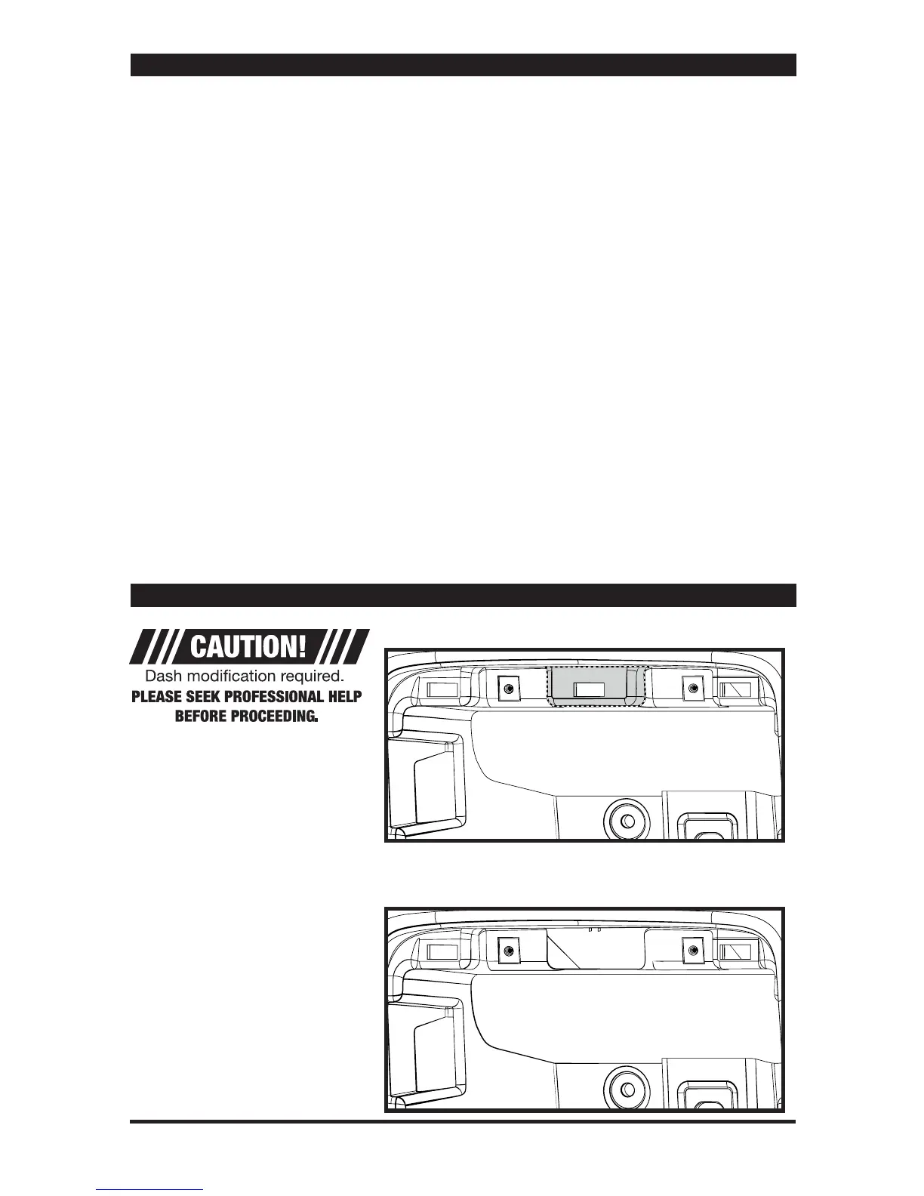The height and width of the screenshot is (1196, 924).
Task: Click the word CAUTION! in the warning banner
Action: pyautogui.click(x=248, y=647)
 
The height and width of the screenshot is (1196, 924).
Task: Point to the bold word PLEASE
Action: pyautogui.click(x=156, y=696)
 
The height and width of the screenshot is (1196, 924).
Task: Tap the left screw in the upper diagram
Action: pyautogui.click(x=508, y=689)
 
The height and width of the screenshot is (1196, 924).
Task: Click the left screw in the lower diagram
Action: pyautogui.click(x=508, y=950)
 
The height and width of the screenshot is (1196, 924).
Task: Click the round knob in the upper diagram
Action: pyautogui.click(x=626, y=818)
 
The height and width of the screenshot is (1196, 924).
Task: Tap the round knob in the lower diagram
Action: pyautogui.click(x=626, y=1080)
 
